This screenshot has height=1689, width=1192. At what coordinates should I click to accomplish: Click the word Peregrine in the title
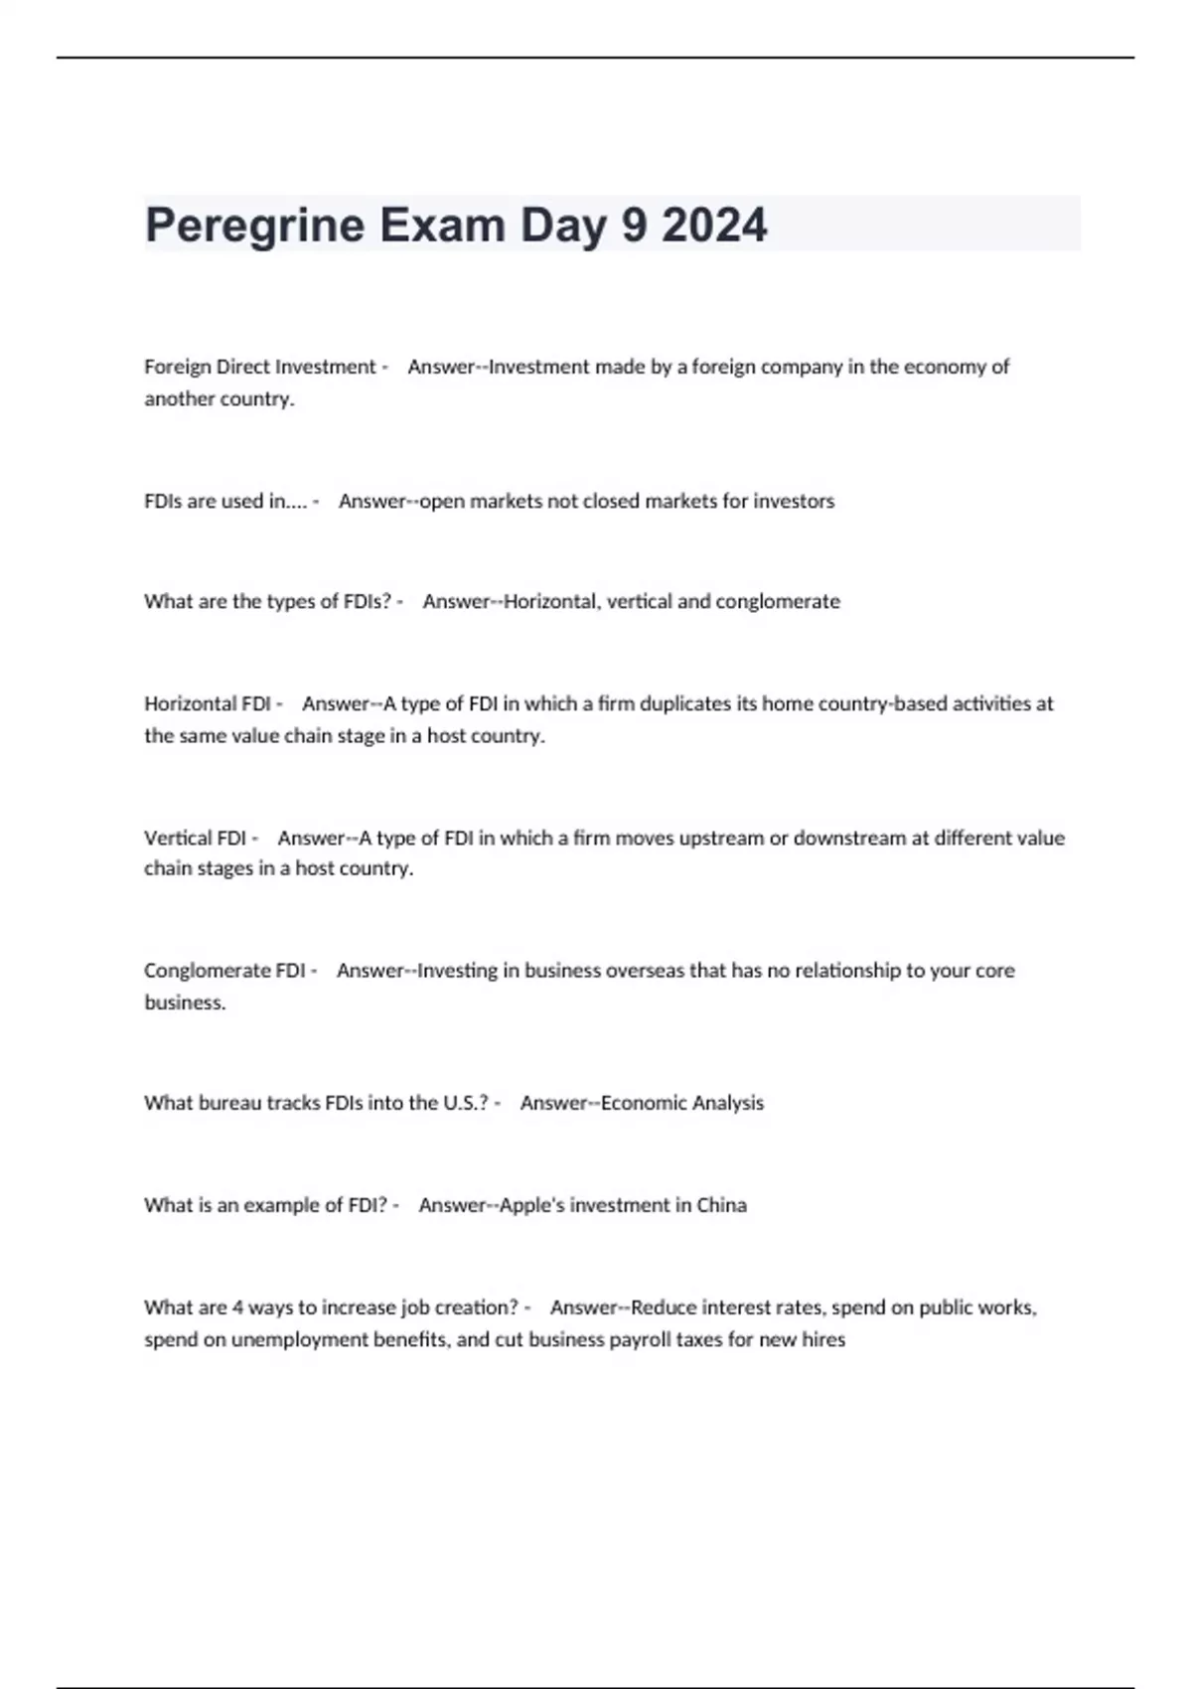coord(254,226)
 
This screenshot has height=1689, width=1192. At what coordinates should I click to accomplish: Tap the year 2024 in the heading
coord(714,226)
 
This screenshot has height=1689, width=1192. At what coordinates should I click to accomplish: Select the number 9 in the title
coord(633,226)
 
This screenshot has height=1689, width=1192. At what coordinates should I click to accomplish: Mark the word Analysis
coord(727,1103)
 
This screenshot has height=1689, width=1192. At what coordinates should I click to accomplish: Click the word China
coord(721,1205)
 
